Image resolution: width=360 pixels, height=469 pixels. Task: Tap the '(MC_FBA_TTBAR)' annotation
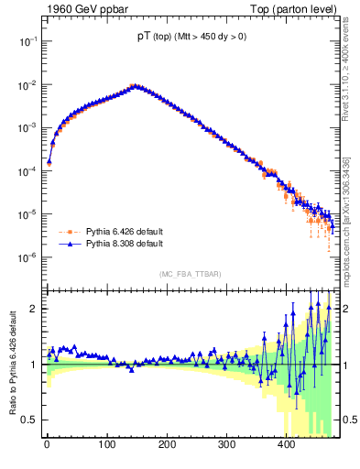tap(190, 274)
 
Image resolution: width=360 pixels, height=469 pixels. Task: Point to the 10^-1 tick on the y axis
tap(27, 42)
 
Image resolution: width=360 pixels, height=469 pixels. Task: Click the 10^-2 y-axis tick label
tap(27, 85)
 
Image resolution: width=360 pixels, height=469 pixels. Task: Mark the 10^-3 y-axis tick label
tap(27, 128)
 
